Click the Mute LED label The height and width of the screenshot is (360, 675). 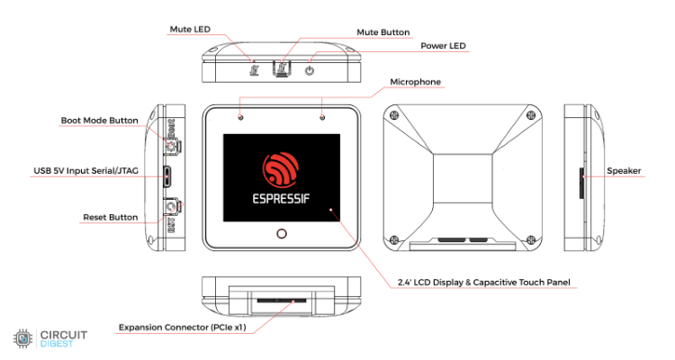(x=189, y=30)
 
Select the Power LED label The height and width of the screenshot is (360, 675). (x=444, y=46)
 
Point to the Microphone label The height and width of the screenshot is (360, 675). (x=415, y=82)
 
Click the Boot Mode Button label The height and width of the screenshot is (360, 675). (x=99, y=120)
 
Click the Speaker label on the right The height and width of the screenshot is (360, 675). (x=624, y=170)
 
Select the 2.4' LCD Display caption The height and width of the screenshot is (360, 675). (x=483, y=283)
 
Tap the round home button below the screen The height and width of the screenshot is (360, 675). (x=282, y=234)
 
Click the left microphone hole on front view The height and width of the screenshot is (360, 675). (x=240, y=117)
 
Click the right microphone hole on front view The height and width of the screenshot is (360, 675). (x=322, y=117)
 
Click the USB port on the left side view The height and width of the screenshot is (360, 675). (x=167, y=175)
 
